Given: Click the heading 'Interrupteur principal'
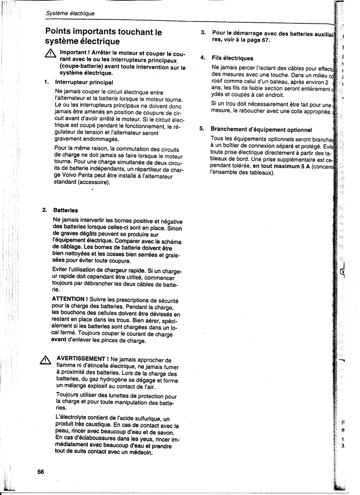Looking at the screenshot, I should coord(84,82).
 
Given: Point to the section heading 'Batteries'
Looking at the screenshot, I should coord(65,210).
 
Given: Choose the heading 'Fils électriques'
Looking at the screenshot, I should coord(232,58).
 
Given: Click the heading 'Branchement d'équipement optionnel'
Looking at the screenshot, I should coord(261,130).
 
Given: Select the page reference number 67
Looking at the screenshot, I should coord(265,41).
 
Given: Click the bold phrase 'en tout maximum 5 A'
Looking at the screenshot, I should coord(278,166).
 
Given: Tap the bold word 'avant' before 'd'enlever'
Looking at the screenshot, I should coord(59,339).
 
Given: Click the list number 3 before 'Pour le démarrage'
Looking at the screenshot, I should coord(204,33).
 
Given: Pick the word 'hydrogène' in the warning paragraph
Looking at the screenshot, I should coord(108,380).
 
